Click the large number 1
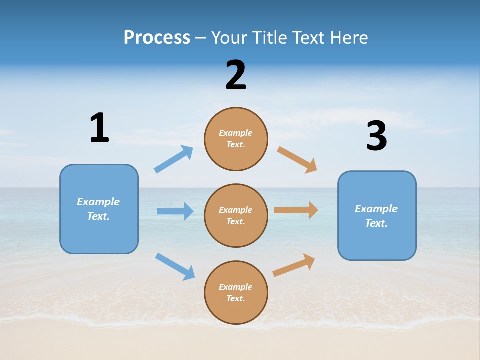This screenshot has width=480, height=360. pos(99,128)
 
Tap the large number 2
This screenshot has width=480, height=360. pos(236,75)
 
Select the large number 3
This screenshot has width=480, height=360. pos(376,137)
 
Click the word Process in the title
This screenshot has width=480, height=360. pos(157,37)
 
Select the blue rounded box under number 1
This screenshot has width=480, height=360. pos(99,209)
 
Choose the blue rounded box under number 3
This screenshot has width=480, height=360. pos(377,216)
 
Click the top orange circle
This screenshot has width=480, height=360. pos(236,139)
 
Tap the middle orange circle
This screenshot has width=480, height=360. pos(236,215)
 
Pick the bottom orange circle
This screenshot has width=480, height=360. pos(236,292)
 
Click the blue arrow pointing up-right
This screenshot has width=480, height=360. pos(174,159)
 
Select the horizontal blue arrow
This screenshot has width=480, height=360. pos(175,211)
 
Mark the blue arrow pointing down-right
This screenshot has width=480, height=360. pos(175,266)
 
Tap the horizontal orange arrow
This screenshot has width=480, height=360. pos(296,210)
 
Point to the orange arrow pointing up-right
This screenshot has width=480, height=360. pos(294,265)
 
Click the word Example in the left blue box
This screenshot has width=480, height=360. pos(98,202)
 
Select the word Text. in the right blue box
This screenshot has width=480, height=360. pos(376,223)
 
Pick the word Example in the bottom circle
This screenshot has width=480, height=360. pos(236,287)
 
